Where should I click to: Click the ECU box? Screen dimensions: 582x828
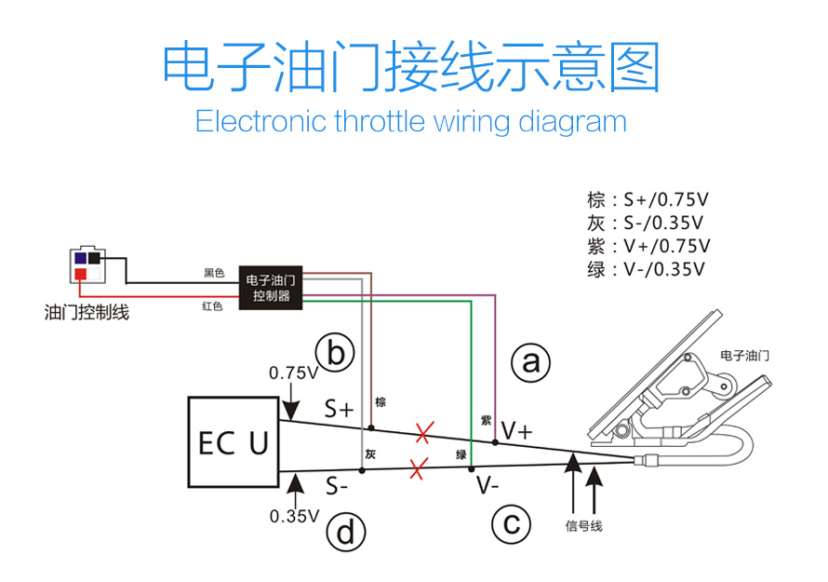[x=234, y=442]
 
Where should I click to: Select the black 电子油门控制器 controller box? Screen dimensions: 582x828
[x=272, y=288]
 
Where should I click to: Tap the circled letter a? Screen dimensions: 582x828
[x=531, y=362]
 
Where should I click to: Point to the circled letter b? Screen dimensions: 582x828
[x=336, y=353]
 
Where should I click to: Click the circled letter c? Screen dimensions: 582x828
[x=511, y=525]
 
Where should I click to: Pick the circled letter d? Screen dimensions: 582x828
[x=345, y=534]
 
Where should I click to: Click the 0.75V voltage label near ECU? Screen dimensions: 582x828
[x=293, y=372]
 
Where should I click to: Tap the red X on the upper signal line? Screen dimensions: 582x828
[x=424, y=432]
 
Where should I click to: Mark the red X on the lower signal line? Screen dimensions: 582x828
[x=417, y=467]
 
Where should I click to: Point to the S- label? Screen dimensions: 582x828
[x=337, y=486]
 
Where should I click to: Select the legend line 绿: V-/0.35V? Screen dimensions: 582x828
[x=647, y=270]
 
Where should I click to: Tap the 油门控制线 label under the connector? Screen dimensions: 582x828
[x=87, y=313]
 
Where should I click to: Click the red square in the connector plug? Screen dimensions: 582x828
[x=81, y=274]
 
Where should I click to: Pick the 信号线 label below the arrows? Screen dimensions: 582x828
[x=583, y=526]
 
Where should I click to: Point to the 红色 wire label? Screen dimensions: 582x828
[x=213, y=305]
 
